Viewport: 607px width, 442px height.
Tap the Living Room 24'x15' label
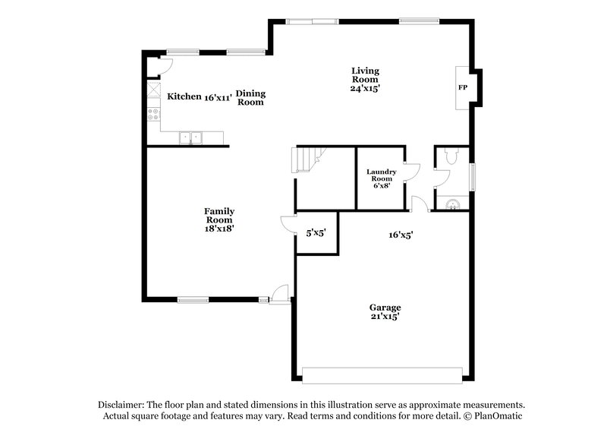364,80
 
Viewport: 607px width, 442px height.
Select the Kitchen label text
184,96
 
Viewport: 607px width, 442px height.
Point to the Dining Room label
250,97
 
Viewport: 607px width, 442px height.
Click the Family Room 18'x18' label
219,219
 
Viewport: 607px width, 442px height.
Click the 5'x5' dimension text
315,234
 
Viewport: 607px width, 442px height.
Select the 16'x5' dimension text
401,235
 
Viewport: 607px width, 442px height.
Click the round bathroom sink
452,203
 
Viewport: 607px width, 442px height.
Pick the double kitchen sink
190,137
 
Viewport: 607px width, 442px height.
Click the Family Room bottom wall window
193,298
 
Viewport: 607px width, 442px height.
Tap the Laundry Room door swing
410,172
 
